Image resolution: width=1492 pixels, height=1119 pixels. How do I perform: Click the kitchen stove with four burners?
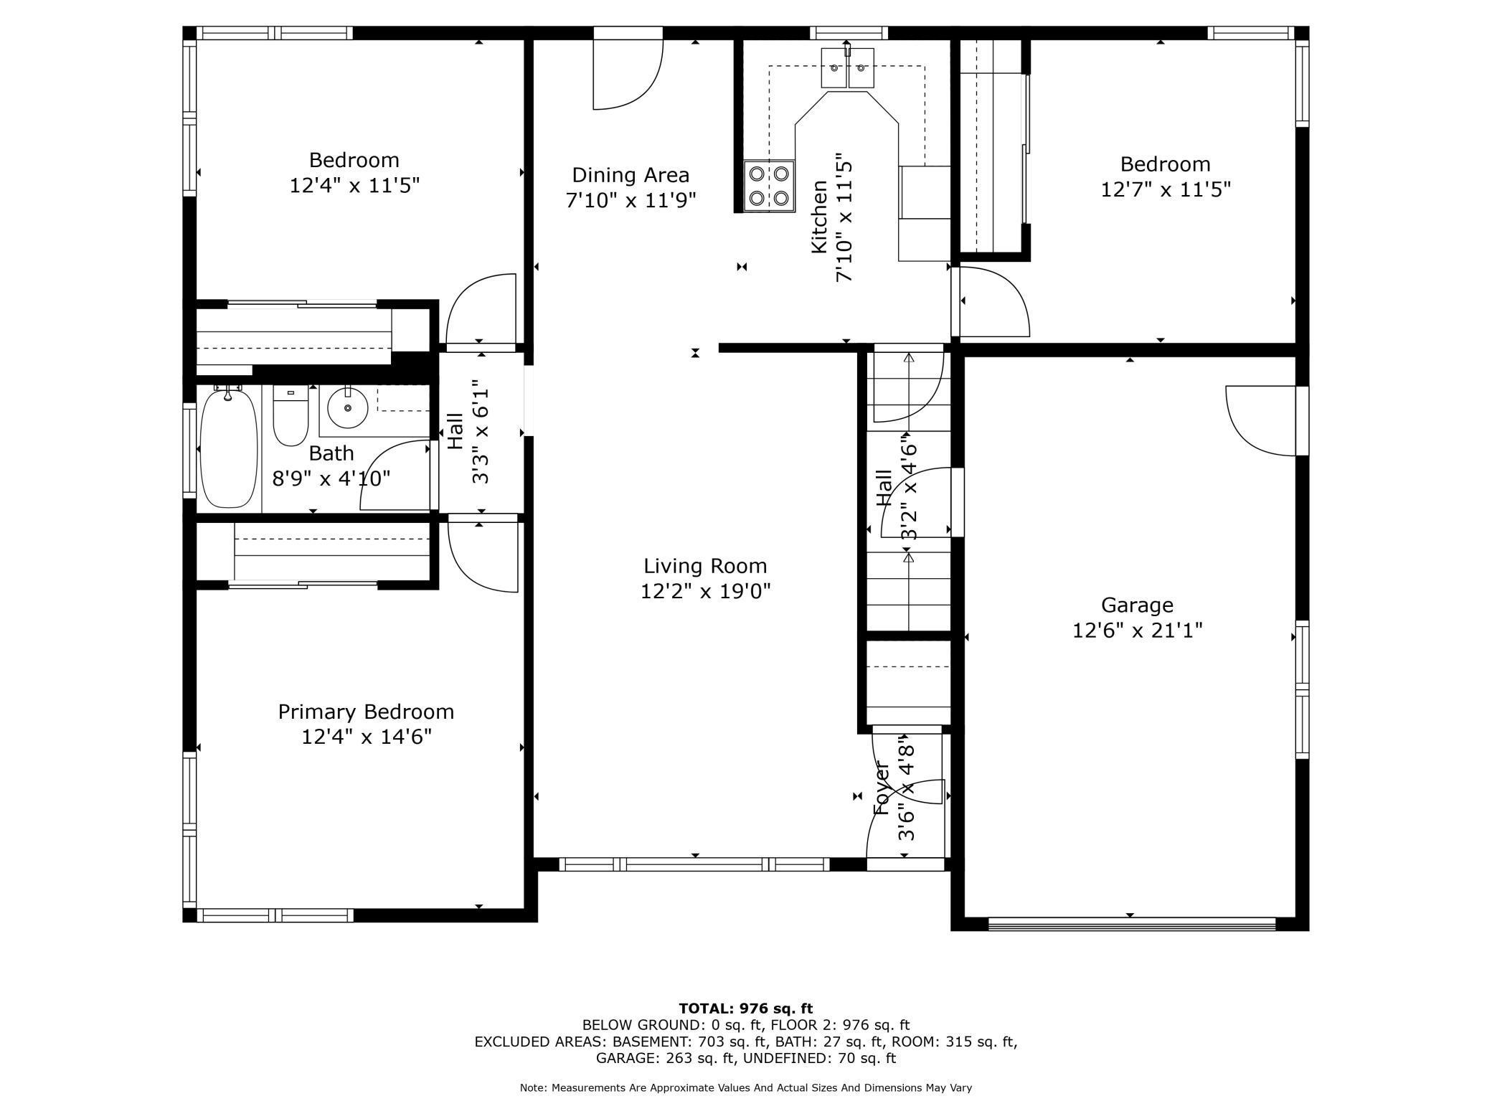[769, 186]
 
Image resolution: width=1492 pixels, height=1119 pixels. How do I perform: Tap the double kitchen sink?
[847, 68]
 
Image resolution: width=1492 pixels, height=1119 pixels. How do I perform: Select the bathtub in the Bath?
[228, 448]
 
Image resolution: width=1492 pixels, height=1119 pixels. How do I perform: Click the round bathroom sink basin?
[348, 407]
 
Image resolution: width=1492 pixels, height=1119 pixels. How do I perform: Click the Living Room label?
[705, 566]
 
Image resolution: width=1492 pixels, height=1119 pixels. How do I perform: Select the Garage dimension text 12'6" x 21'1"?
[1137, 631]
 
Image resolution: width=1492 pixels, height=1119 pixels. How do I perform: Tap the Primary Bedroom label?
[366, 712]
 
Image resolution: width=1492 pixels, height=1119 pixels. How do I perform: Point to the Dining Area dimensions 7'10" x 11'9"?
[631, 200]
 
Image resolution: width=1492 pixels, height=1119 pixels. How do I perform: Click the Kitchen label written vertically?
[819, 217]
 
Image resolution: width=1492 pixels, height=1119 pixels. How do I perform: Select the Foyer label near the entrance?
[882, 789]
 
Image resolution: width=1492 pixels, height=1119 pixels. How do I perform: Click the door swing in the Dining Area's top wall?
[626, 72]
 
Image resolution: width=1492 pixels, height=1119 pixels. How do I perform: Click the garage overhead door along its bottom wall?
[1131, 924]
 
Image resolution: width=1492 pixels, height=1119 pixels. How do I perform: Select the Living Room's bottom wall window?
[694, 864]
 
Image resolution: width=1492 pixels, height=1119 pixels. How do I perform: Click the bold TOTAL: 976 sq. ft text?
[745, 1009]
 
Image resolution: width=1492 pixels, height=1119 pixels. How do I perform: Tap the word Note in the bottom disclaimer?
[532, 1088]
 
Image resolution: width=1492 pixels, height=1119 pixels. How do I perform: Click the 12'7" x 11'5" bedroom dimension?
[1166, 190]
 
